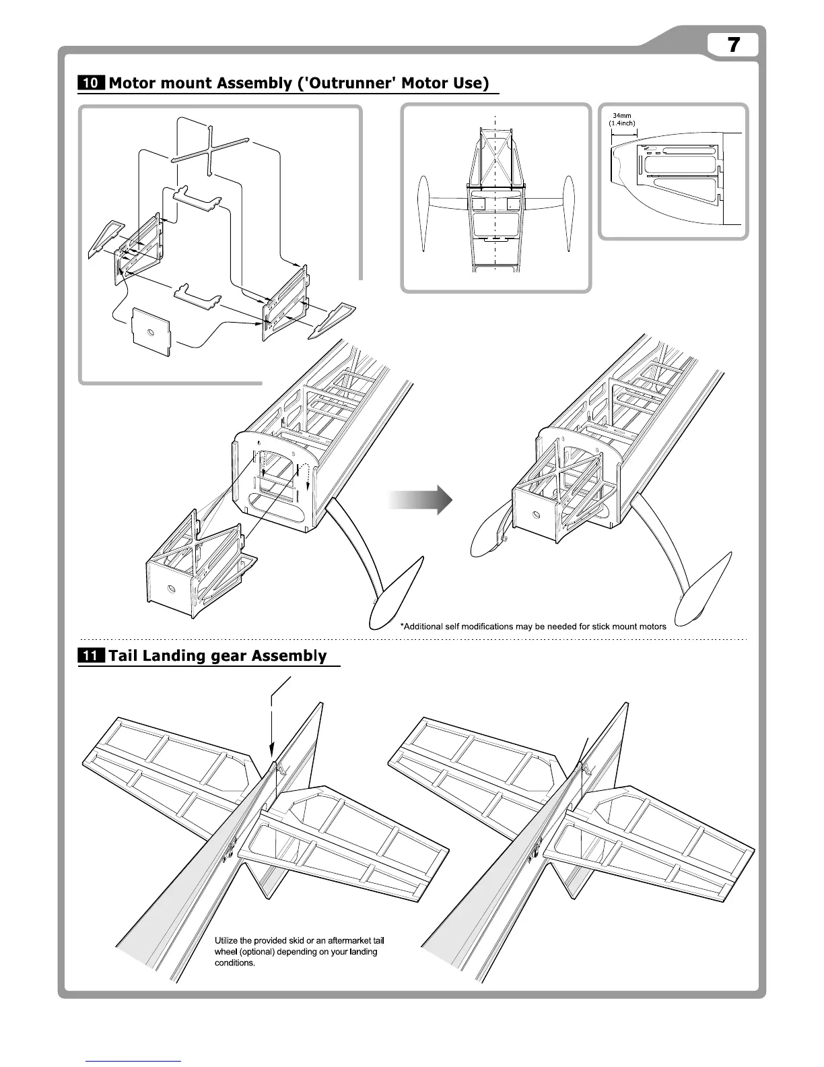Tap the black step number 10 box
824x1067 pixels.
[x=91, y=84]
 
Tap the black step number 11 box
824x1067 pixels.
[x=91, y=656]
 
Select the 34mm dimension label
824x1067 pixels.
[x=621, y=116]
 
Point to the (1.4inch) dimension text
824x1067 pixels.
[x=622, y=123]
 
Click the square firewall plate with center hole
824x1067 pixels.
[x=150, y=331]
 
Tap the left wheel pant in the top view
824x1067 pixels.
[x=423, y=213]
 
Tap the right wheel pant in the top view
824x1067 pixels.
[x=570, y=213]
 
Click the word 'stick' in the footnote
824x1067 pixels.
[x=593, y=626]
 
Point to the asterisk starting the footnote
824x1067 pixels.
[x=402, y=626]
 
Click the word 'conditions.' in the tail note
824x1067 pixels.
[x=235, y=963]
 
